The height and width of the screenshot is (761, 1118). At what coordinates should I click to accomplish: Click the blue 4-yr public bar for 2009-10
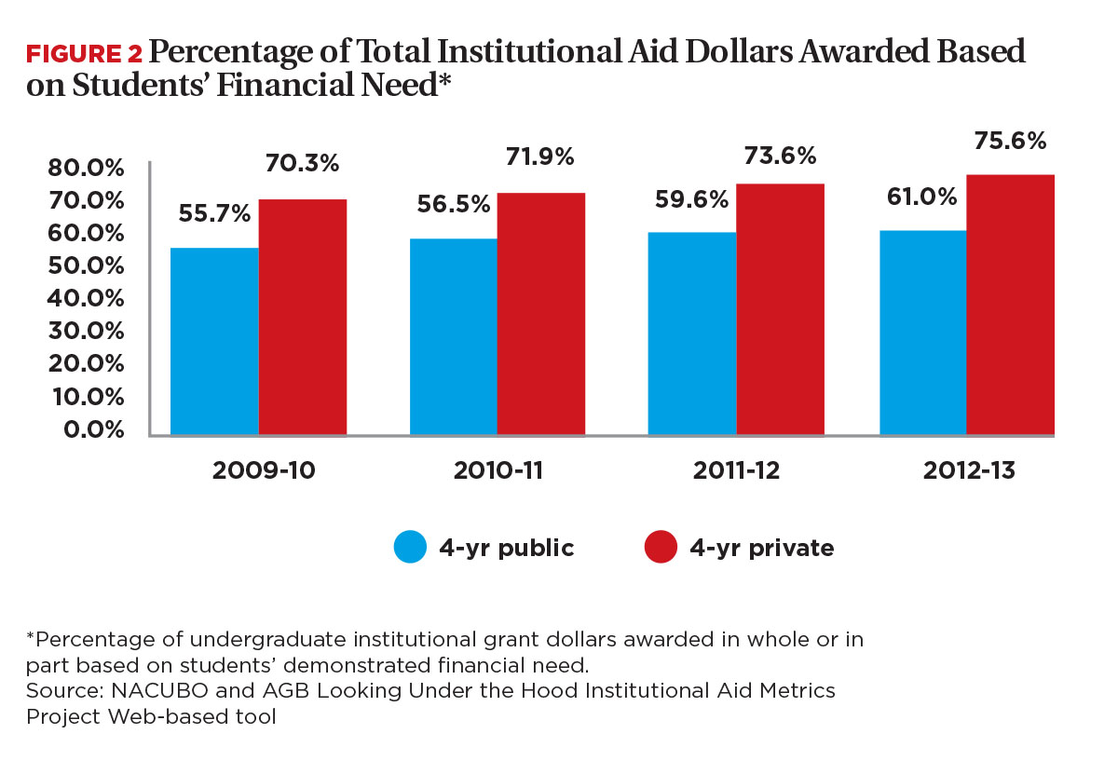[x=214, y=341]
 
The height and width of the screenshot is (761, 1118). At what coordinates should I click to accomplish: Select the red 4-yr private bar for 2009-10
[x=303, y=317]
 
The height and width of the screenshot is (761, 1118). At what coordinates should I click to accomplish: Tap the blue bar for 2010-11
[x=453, y=336]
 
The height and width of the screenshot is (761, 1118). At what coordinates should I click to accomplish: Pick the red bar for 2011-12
[x=780, y=309]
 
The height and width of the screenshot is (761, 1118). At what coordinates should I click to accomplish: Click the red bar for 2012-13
[x=1010, y=305]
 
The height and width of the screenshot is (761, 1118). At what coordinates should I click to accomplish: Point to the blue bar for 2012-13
[x=922, y=333]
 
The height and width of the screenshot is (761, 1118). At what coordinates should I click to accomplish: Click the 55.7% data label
[x=215, y=213]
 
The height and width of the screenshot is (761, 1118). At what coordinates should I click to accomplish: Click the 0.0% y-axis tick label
[x=89, y=429]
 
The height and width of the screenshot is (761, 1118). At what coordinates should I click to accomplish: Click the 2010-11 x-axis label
[x=498, y=470]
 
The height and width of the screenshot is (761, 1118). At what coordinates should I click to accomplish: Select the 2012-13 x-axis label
[x=969, y=470]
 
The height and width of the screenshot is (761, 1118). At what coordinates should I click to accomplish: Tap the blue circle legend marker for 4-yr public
[x=410, y=548]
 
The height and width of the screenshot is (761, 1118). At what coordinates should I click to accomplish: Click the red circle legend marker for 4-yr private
[x=660, y=548]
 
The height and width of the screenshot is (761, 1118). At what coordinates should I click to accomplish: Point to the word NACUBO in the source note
[x=120, y=690]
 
